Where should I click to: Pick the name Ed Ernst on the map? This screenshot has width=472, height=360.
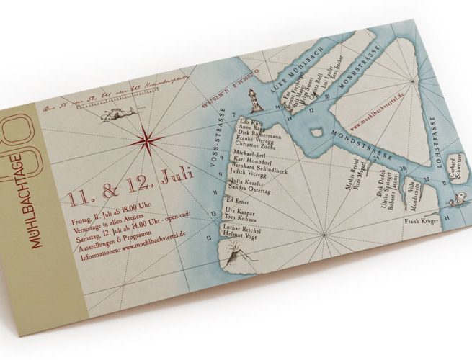tap(237, 199)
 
